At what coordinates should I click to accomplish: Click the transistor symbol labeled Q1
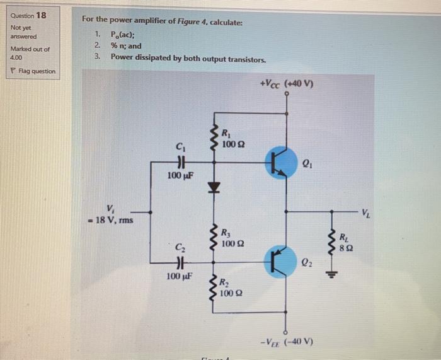278,161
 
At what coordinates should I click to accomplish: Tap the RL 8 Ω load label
343,242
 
